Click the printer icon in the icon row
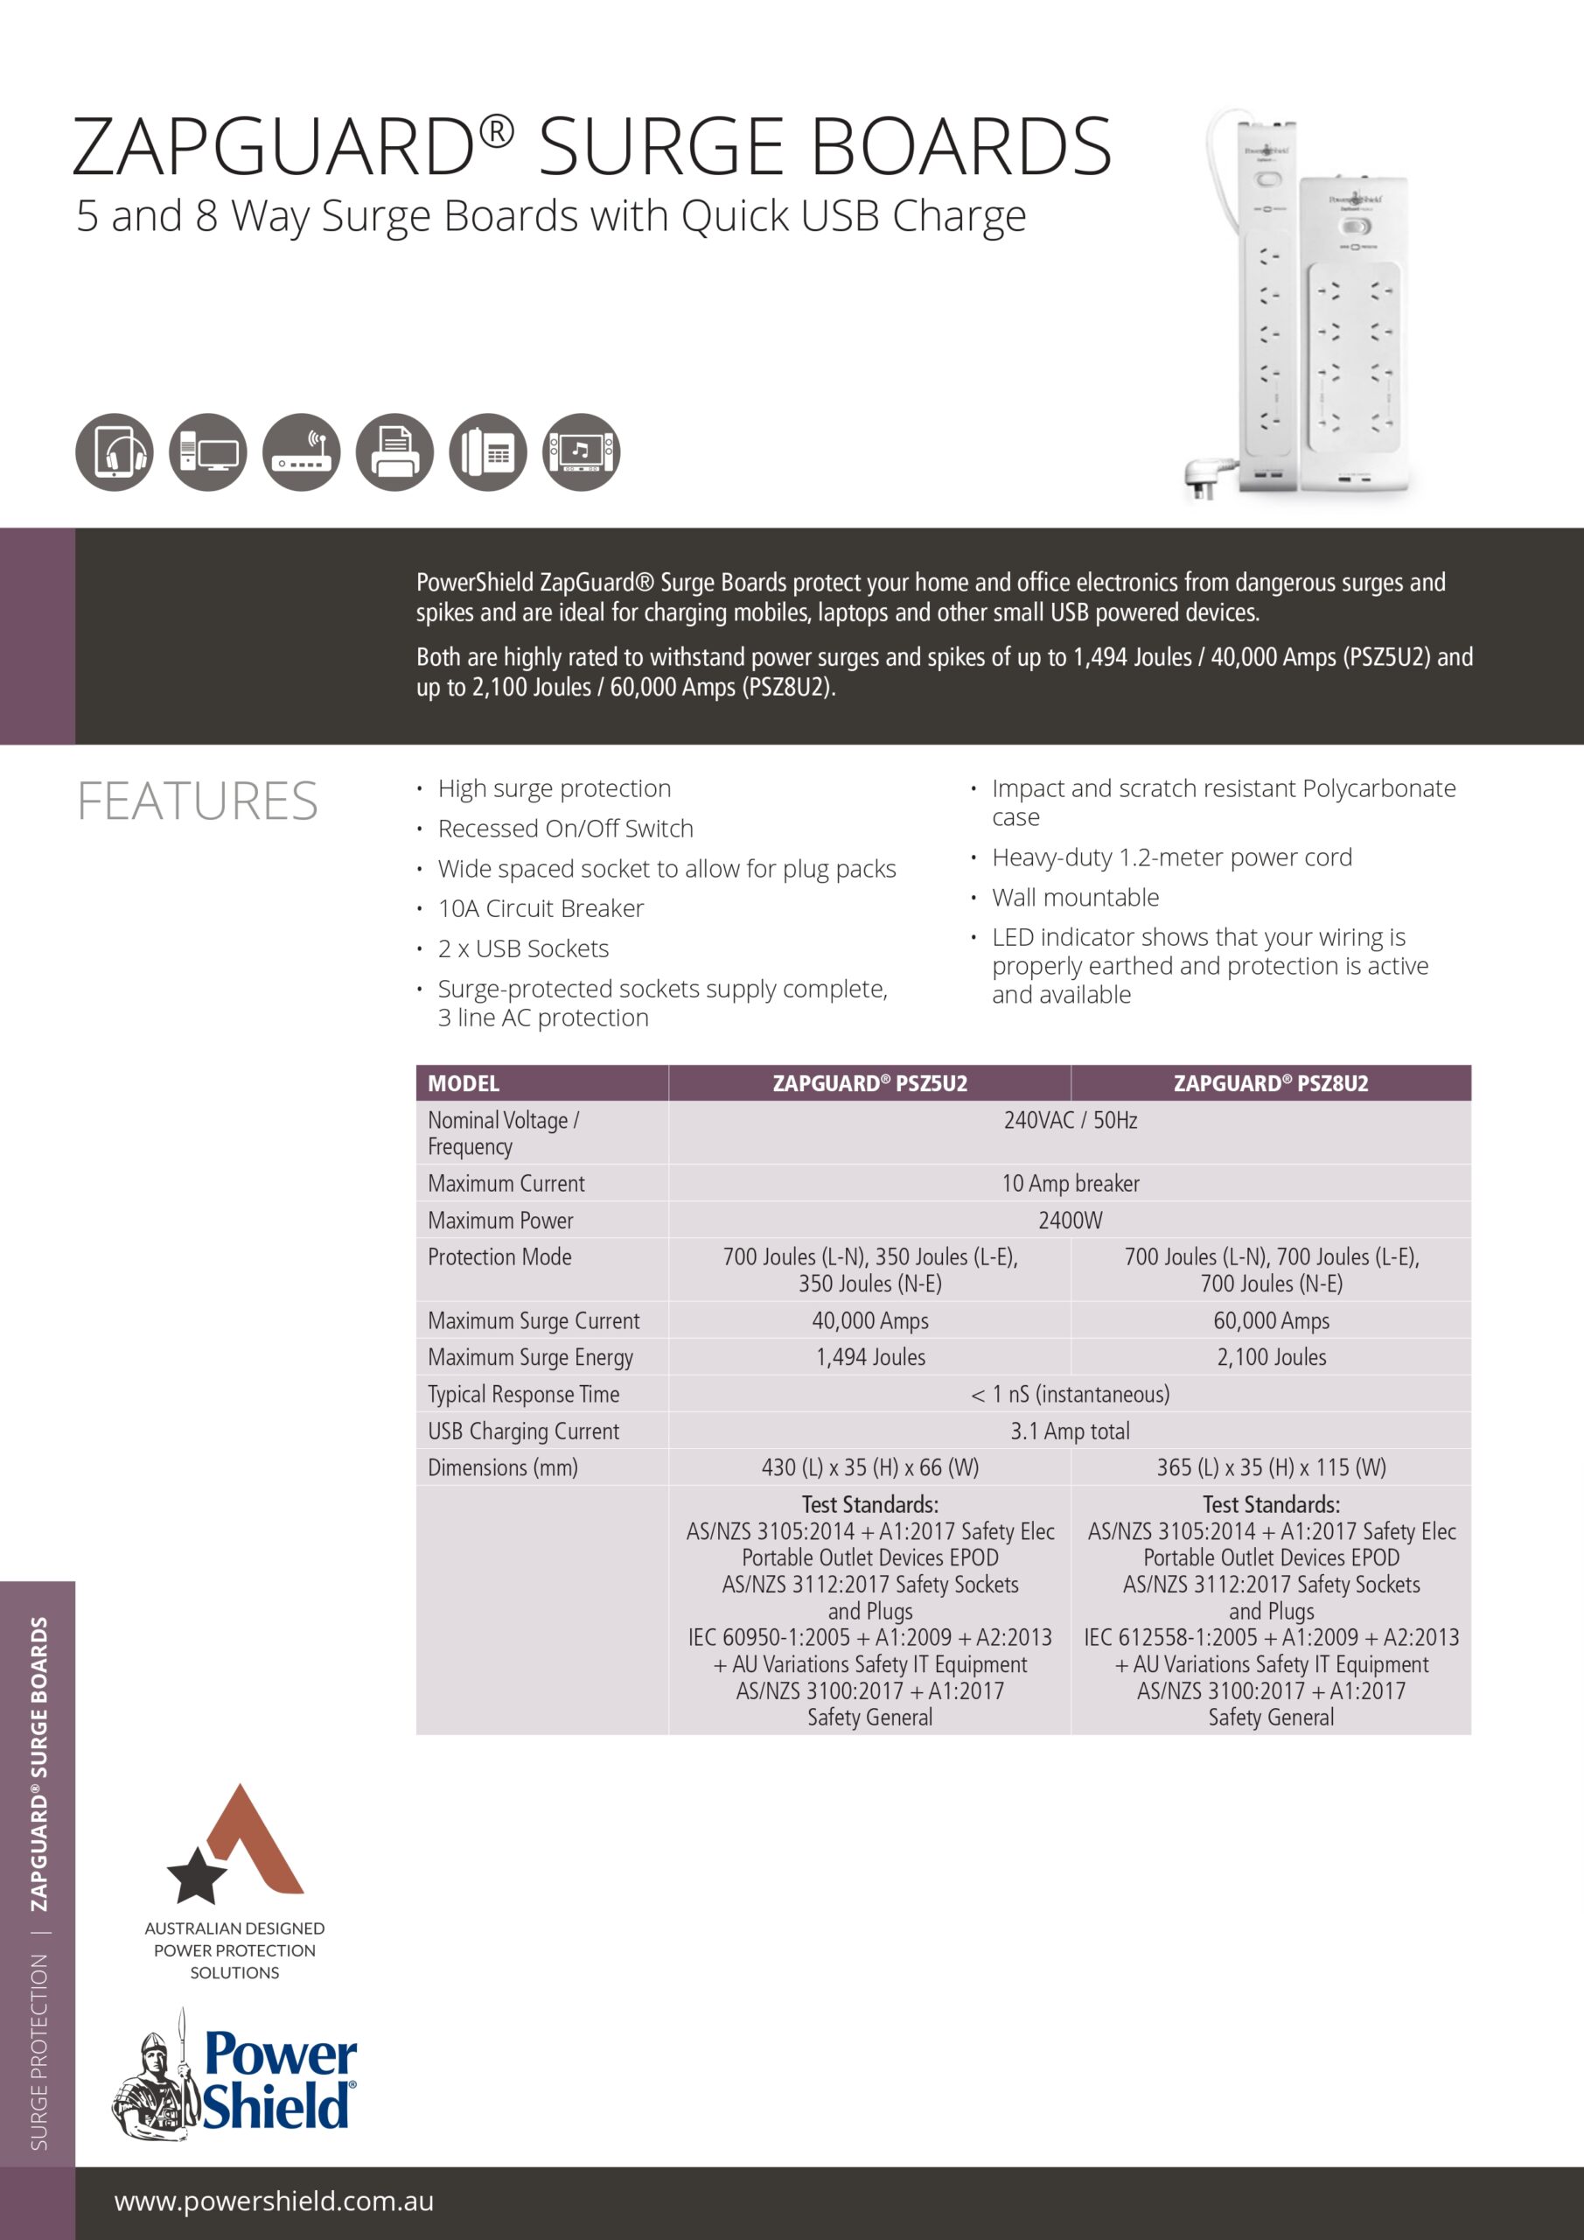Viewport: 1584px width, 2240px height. coord(394,451)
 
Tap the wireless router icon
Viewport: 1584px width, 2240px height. coord(302,451)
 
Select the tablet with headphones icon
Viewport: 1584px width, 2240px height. coord(114,451)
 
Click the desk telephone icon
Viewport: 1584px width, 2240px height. coord(488,451)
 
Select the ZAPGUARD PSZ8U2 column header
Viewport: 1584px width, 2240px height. coord(1270,1083)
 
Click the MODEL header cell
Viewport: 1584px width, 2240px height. coord(464,1083)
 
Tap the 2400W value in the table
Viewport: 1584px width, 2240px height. coord(1070,1220)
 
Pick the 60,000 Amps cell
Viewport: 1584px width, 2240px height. coord(1271,1320)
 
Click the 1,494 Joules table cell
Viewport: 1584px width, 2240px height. coord(870,1356)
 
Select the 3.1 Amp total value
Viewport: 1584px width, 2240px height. coord(1070,1431)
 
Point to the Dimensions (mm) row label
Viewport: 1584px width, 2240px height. coord(502,1467)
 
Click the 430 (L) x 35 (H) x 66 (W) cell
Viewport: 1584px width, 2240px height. coord(870,1467)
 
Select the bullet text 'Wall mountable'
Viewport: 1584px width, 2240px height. coord(1075,897)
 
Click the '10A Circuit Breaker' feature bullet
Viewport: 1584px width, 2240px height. coord(541,908)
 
